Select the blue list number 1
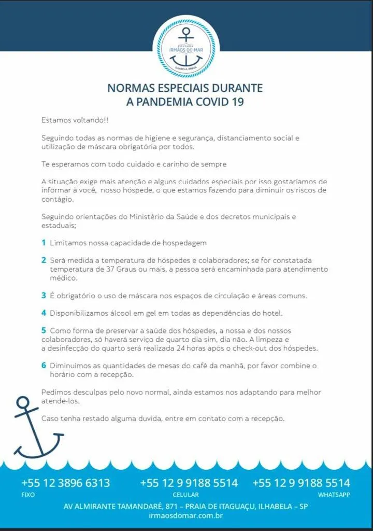click(44, 242)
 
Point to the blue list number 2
click(44, 260)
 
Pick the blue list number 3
click(44, 296)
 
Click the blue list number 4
click(44, 313)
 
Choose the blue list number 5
click(44, 330)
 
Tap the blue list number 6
click(44, 365)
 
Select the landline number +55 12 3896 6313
click(66, 483)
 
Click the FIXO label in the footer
click(28, 495)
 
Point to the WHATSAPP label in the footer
click(334, 495)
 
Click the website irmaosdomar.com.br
click(185, 515)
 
